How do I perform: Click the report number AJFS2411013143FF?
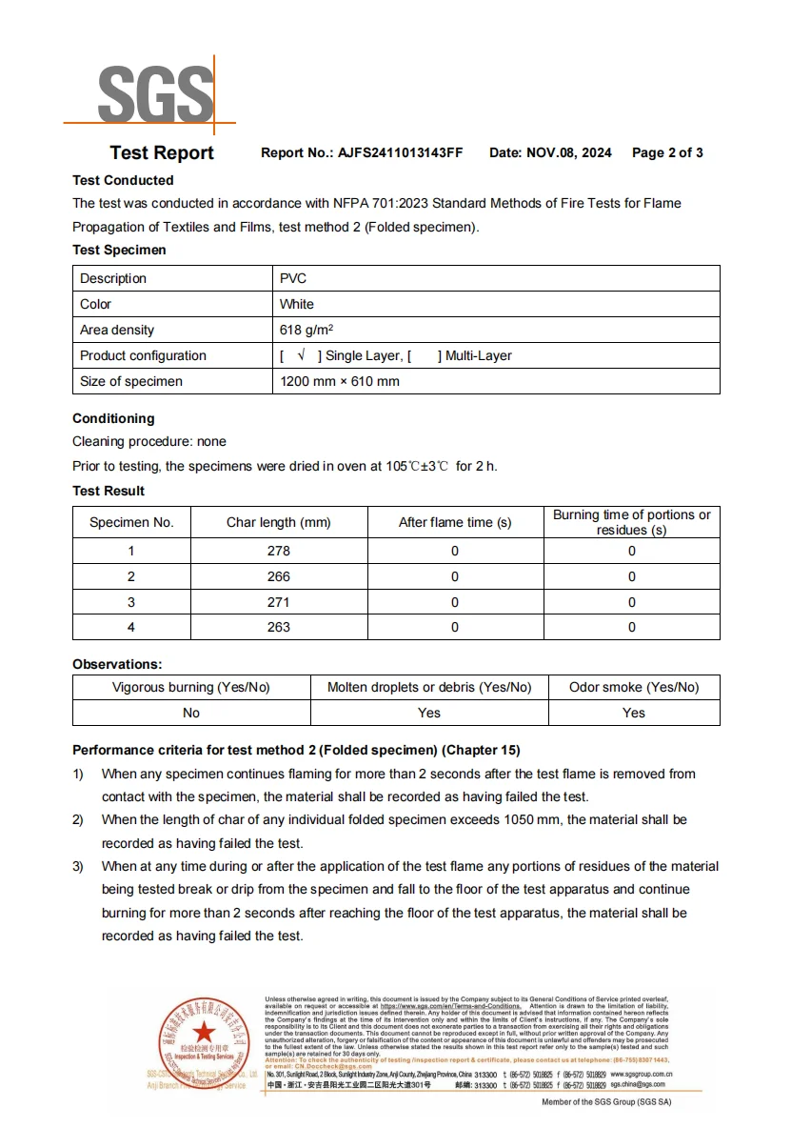[x=400, y=152]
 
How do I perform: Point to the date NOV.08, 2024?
[x=568, y=152]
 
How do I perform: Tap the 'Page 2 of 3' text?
[x=667, y=152]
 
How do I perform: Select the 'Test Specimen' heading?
[x=119, y=250]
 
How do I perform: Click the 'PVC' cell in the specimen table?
[x=293, y=278]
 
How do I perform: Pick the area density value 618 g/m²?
[x=306, y=330]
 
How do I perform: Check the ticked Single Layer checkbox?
[x=301, y=355]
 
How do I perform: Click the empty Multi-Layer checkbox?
[x=424, y=355]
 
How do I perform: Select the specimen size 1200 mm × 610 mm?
[x=340, y=381]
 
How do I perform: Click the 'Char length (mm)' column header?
[x=279, y=522]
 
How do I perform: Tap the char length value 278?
[x=279, y=551]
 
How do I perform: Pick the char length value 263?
[x=279, y=627]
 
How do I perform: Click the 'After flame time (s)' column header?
[x=454, y=522]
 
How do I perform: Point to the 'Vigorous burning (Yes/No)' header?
[x=191, y=687]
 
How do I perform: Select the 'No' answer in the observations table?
[x=191, y=713]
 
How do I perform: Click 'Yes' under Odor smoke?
[x=634, y=713]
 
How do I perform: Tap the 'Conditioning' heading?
[x=113, y=418]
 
